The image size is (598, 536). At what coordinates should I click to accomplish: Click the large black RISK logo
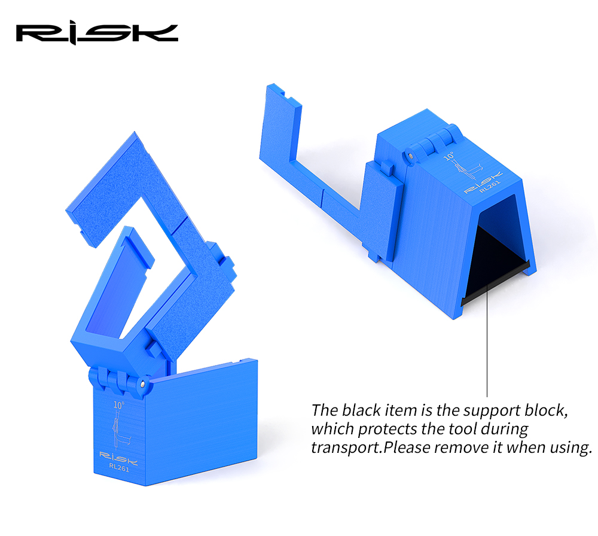click(97, 33)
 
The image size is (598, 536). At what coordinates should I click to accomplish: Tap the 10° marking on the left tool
click(118, 405)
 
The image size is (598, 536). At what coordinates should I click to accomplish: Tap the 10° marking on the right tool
click(449, 156)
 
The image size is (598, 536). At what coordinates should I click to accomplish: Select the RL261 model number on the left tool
click(119, 467)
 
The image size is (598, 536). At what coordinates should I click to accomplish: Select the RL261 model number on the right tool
click(490, 187)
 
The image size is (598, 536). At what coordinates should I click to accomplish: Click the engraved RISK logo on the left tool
click(118, 458)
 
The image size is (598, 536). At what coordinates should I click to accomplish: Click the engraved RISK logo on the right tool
click(483, 182)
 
